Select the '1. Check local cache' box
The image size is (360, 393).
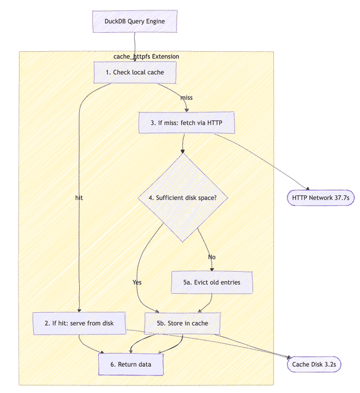(135, 73)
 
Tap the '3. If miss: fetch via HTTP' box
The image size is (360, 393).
(187, 123)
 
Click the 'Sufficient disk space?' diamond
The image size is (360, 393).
(183, 198)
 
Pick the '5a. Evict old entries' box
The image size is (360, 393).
(211, 282)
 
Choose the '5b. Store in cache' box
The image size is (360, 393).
(183, 323)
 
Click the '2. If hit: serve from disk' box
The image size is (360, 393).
(80, 323)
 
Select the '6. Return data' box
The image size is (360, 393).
(131, 364)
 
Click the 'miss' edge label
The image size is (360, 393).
(186, 98)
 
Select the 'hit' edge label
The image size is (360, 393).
(79, 198)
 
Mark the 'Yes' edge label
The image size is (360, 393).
(137, 282)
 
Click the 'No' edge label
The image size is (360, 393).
(212, 257)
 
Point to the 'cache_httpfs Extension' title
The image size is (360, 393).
(146, 57)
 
